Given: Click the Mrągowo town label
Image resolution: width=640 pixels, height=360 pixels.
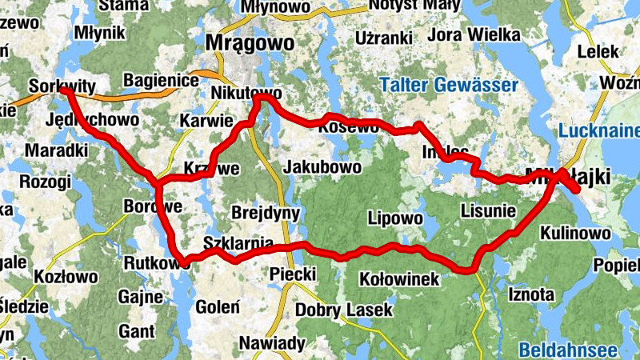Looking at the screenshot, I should point(243,42).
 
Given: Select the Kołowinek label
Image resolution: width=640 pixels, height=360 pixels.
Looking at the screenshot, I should point(399,279).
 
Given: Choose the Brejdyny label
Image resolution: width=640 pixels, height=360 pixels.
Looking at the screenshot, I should point(265,213).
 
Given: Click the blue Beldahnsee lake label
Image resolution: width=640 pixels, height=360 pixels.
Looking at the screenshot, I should point(567,350).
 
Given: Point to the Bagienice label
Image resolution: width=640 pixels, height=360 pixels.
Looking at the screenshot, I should point(162,81).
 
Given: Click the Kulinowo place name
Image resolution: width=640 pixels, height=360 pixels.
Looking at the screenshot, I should point(576,233).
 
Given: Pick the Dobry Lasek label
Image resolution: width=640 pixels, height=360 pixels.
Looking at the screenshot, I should point(344,310).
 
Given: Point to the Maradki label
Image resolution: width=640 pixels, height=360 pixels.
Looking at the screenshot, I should point(56,150).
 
